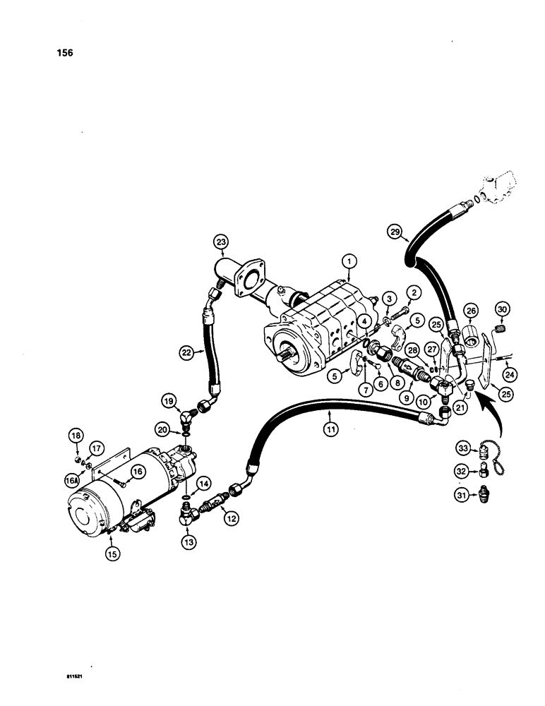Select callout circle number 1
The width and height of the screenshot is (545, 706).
coord(347,261)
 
